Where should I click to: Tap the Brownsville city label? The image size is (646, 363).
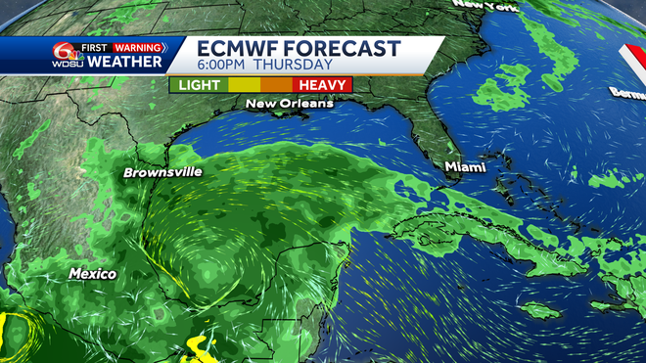point(162,172)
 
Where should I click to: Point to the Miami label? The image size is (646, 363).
point(465,167)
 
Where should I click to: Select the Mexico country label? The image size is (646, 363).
point(92,274)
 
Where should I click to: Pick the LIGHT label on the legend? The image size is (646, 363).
point(200,86)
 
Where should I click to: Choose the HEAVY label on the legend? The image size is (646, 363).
point(322,86)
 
